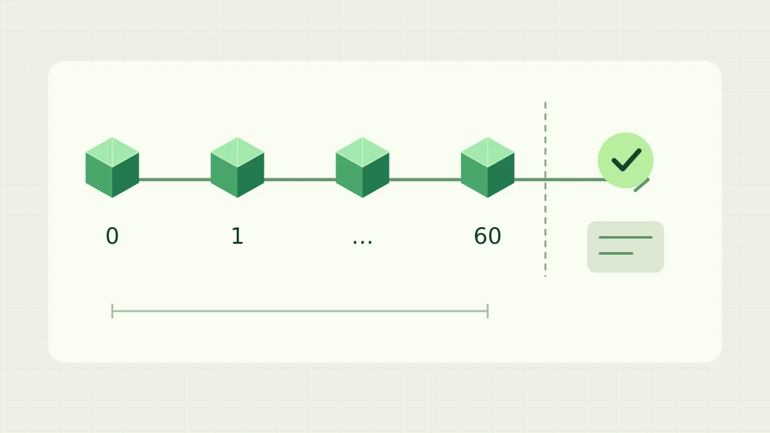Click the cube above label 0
point(112,167)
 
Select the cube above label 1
point(237,167)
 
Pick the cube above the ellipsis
point(363,167)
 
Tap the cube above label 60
point(488,167)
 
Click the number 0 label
point(112,236)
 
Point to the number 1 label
point(237,236)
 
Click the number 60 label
point(488,236)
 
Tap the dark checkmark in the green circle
point(626,160)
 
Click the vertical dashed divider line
point(545,189)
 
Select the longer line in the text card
point(625,237)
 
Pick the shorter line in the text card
point(615,253)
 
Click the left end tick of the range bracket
point(112,311)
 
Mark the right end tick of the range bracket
point(488,311)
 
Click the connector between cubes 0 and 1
point(175,180)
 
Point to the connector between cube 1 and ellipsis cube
point(300,180)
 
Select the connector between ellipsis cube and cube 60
point(425,180)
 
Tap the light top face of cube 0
point(112,152)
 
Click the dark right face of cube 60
point(501,175)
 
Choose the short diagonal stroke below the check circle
point(642,185)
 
